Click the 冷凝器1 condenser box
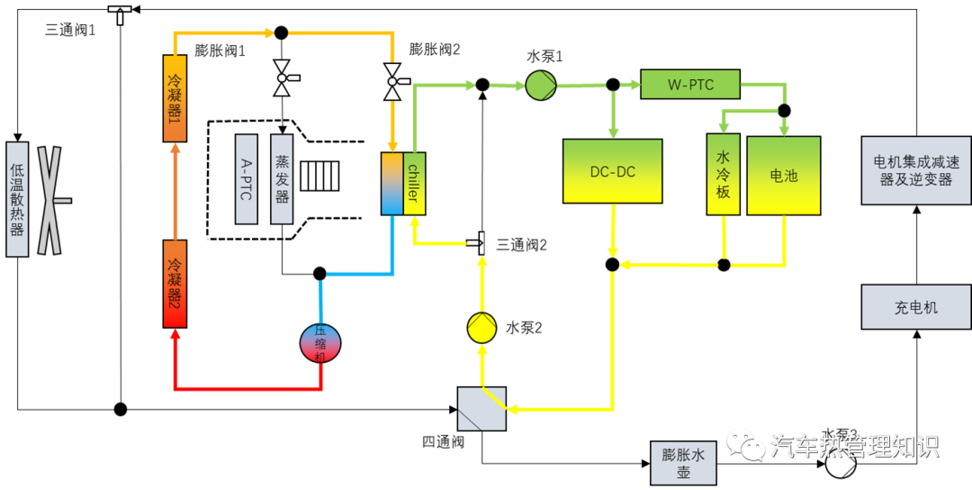[x=175, y=98]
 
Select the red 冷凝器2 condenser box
[x=175, y=284]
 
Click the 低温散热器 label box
[x=17, y=199]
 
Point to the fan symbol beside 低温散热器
[x=49, y=200]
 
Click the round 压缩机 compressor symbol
[x=320, y=343]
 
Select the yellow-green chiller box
[x=414, y=184]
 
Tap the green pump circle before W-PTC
[x=541, y=86]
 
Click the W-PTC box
[x=690, y=85]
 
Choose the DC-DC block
[x=612, y=171]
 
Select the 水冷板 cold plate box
[x=723, y=175]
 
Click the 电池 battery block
[x=783, y=176]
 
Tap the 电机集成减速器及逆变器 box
[x=915, y=170]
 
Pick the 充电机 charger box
[x=915, y=307]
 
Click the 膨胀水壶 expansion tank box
[x=684, y=463]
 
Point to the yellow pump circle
[x=481, y=328]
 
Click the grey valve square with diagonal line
[x=481, y=409]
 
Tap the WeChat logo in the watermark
[x=745, y=443]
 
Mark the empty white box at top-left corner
[x=70, y=30]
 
